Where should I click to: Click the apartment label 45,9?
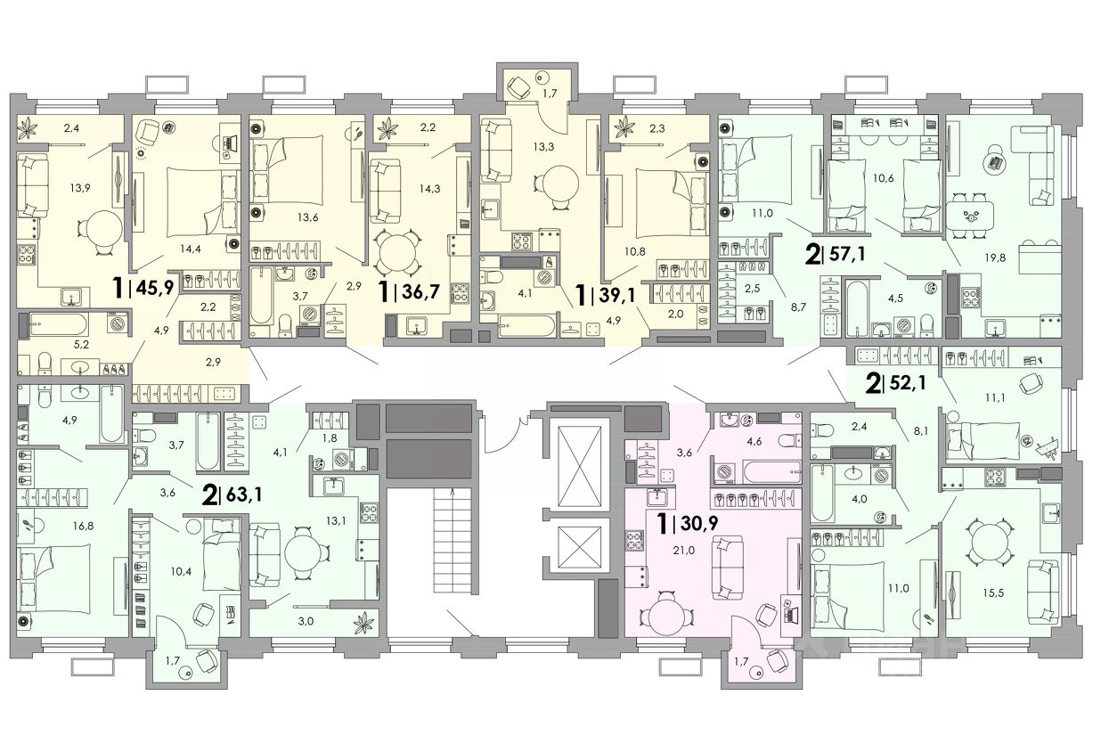pyautogui.click(x=155, y=288)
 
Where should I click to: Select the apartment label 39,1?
pyautogui.click(x=616, y=294)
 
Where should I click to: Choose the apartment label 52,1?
pyautogui.click(x=907, y=383)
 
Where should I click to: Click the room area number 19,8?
pyautogui.click(x=994, y=257)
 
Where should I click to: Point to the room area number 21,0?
pyautogui.click(x=684, y=551)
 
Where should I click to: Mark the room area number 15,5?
pyautogui.click(x=994, y=593)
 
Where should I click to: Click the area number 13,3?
pyautogui.click(x=543, y=146)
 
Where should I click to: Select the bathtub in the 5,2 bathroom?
pyautogui.click(x=59, y=324)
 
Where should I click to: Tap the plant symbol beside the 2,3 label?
pyautogui.click(x=624, y=129)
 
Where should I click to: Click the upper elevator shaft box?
pyautogui.click(x=579, y=467)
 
